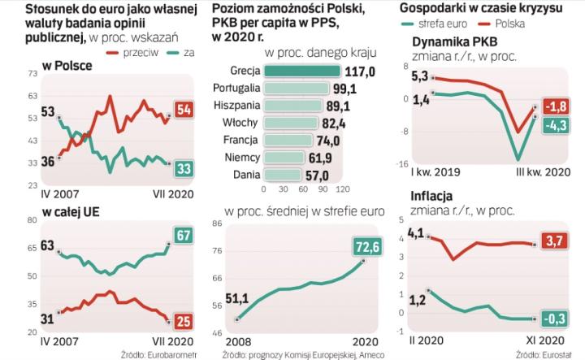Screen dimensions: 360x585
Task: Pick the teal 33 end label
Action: tap(184, 167)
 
